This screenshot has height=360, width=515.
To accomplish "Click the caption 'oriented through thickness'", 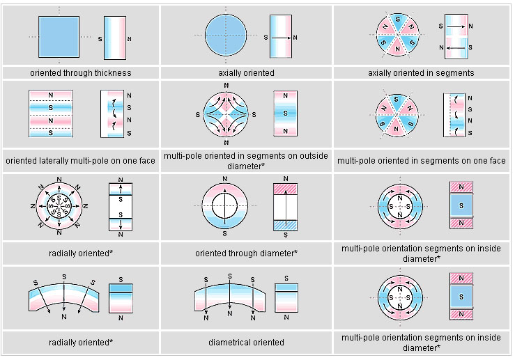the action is [81, 73].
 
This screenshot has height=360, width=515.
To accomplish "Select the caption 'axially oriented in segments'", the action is [421, 73].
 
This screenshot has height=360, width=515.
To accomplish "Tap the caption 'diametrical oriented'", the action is [246, 343].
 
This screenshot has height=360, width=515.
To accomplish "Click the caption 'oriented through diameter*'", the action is [246, 253].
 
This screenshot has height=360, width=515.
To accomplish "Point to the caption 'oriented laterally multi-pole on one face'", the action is [80, 160].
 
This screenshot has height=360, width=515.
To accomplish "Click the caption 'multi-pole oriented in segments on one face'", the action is [422, 160].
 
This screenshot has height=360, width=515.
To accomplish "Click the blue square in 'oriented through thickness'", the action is [59, 37].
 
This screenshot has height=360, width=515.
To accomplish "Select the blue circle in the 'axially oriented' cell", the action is [226, 35].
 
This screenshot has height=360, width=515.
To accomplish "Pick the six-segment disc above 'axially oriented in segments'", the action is [397, 34].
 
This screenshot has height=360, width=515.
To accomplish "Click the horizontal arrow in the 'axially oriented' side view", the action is [282, 38].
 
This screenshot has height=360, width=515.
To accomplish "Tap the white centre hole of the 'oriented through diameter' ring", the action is [224, 205].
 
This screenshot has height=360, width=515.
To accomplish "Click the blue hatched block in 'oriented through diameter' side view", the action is [286, 226].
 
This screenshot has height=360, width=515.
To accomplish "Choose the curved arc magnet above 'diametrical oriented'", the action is [229, 297].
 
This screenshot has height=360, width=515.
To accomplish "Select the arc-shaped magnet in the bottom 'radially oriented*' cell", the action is [63, 297].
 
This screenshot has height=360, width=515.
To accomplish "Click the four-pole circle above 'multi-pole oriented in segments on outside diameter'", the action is [226, 114].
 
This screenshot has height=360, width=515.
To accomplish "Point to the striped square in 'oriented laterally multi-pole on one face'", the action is [51, 114].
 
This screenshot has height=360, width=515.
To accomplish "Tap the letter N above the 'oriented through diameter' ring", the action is [225, 179].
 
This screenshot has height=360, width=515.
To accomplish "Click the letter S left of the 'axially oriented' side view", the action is [266, 38].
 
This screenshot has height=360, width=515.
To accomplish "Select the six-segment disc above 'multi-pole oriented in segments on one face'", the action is [397, 114].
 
